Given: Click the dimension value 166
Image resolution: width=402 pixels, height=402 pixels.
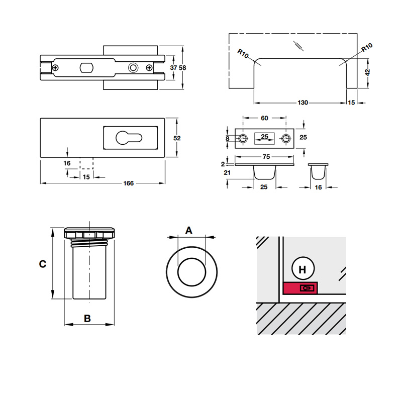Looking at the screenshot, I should (129, 183).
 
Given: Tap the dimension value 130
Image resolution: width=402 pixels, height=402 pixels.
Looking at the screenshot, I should (303, 103).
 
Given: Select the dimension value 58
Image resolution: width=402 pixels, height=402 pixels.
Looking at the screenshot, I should (183, 68).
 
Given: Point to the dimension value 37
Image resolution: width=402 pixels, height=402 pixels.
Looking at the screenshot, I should (173, 68).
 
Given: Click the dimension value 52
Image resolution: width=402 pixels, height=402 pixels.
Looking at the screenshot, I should (177, 138).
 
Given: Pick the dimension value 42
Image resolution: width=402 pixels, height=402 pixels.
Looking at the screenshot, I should (367, 72).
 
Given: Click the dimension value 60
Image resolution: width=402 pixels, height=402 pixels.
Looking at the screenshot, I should (264, 119).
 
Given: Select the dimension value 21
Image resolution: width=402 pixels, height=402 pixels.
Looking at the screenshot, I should (227, 173).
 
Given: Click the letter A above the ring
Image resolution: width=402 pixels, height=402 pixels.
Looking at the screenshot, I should (189, 231).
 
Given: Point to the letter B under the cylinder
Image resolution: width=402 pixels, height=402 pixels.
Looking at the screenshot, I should (87, 318).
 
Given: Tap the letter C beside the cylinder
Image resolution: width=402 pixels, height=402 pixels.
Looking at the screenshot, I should (43, 263).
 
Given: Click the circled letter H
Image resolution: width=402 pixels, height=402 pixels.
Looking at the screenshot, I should (303, 270).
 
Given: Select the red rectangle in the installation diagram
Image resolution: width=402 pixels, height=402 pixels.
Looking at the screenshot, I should (300, 288).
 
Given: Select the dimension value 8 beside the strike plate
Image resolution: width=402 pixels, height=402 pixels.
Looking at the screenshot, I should (228, 138).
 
